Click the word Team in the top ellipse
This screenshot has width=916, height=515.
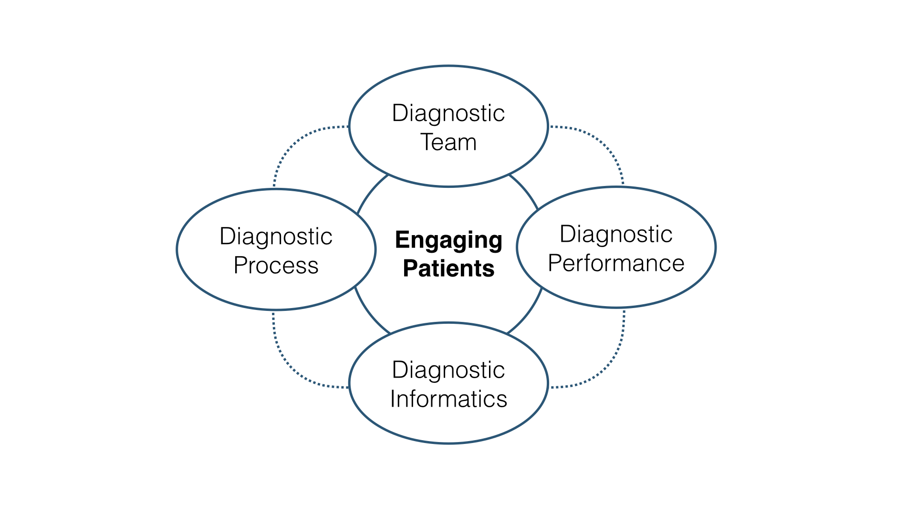point(448,143)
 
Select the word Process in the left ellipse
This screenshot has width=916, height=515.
point(276,266)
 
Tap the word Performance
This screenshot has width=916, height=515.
point(616,263)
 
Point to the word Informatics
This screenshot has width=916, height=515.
point(448,399)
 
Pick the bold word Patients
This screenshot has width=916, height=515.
point(448,268)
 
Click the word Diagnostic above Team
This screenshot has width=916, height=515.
point(448,113)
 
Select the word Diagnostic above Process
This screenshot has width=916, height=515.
point(276,237)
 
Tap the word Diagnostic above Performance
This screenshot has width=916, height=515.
point(616,234)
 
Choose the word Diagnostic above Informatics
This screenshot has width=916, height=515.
point(448,370)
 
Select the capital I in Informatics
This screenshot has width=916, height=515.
point(393,399)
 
